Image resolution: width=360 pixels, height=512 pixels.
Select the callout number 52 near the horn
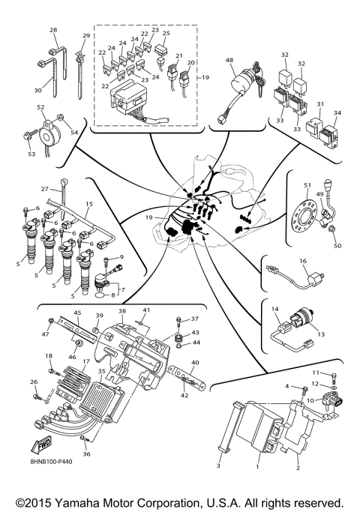pos(40,107)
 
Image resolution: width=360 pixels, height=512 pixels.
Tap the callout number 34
pos(337,114)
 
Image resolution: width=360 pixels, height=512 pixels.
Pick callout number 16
pos(303,261)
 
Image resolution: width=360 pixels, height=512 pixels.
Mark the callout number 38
pos(122,310)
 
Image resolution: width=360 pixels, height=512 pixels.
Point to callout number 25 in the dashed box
pos(166,34)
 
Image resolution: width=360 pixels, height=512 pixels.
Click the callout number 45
pos(76,313)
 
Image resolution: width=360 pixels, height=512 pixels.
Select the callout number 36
pos(86,454)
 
